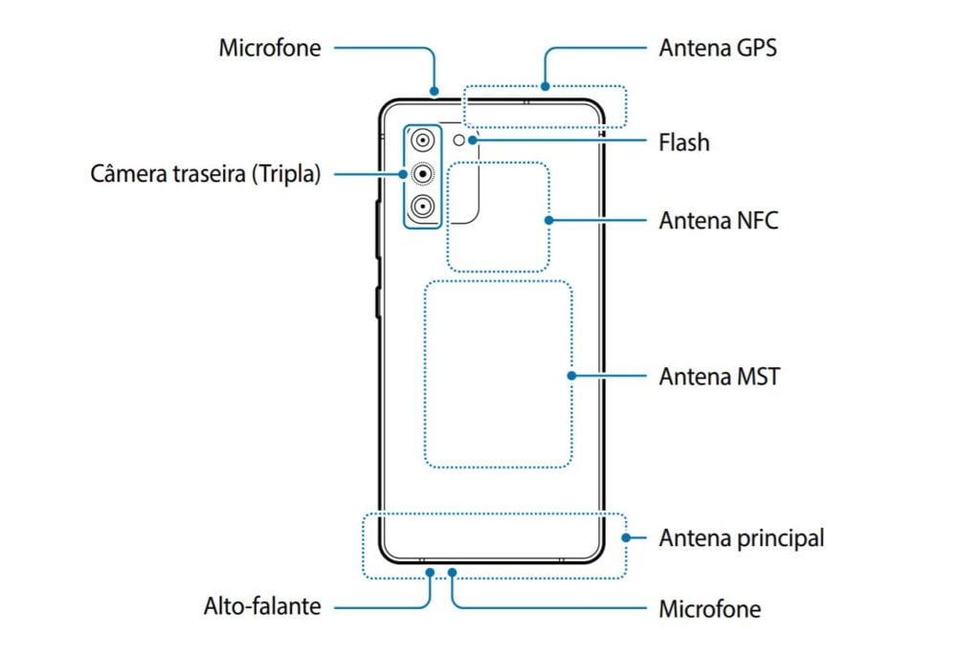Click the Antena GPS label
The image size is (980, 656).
[x=718, y=48]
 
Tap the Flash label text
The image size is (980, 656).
[x=684, y=142]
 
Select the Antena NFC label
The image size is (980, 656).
[x=719, y=221]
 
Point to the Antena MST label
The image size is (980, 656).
[x=720, y=377]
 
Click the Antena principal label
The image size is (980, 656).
[x=742, y=538]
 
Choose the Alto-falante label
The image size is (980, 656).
[x=262, y=606]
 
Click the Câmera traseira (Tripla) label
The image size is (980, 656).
[x=206, y=174]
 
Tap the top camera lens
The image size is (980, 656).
[x=423, y=140]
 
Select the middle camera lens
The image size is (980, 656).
[x=423, y=172]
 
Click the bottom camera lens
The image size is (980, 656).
[x=423, y=206]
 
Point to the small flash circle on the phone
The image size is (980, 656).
[x=458, y=141]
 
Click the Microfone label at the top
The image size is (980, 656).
[x=270, y=48]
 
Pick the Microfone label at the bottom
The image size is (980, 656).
[x=710, y=609]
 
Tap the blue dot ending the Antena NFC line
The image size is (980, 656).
[x=548, y=220]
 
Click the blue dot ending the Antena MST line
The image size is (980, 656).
[x=571, y=376]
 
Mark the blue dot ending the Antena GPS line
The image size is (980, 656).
[x=546, y=86]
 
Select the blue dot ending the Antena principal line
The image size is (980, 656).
[x=626, y=537]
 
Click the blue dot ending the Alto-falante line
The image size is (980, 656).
[x=430, y=572]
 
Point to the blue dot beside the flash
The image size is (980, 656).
[x=473, y=140]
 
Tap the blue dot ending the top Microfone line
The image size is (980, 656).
[x=434, y=91]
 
